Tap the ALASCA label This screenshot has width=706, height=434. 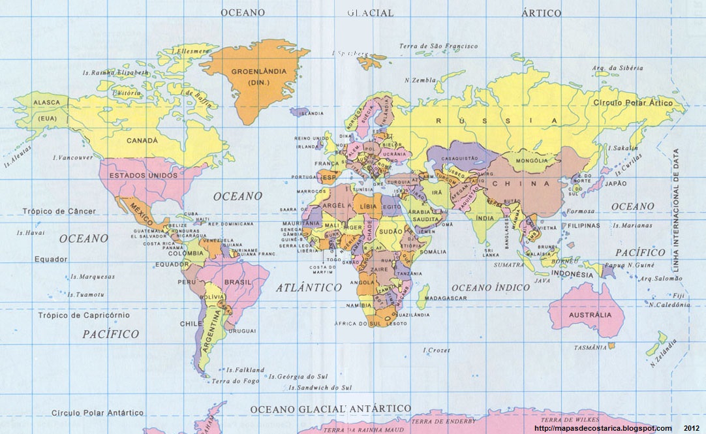coord(47,103)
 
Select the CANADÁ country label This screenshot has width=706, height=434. coord(142,141)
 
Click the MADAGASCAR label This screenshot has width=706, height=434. coord(446,298)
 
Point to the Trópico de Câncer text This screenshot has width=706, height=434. coord(59,211)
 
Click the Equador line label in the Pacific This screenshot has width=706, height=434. coord(51,260)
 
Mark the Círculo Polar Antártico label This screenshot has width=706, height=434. coord(97,413)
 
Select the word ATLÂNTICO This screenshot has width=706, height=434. coord(309,287)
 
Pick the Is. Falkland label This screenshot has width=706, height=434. coord(245,370)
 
